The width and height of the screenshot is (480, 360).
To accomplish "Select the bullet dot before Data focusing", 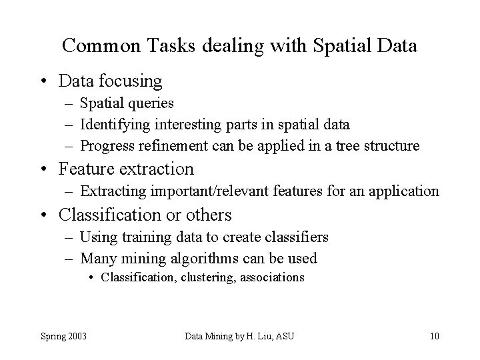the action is (x=43, y=81).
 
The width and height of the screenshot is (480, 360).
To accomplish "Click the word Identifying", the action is (x=115, y=125).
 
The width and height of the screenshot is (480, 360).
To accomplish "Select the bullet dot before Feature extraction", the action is (x=43, y=169).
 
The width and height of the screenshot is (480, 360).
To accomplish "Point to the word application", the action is (x=406, y=191).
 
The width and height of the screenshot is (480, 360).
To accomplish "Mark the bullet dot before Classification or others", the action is (x=43, y=215).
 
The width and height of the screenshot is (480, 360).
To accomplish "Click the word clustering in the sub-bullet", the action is (x=208, y=277).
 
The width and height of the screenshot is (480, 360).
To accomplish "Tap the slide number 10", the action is (x=434, y=335).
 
